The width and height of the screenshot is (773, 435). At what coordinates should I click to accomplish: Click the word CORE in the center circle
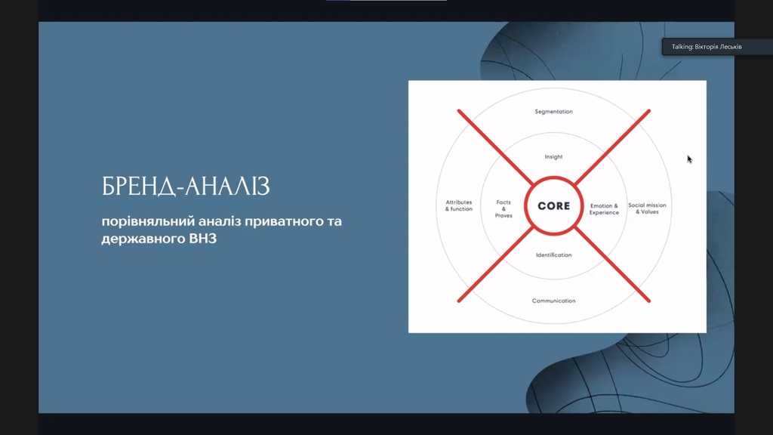click(x=553, y=205)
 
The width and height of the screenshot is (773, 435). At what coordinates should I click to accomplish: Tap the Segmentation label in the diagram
click(x=553, y=112)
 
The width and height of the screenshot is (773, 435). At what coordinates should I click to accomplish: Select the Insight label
click(x=553, y=157)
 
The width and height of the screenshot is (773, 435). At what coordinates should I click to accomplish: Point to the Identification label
click(x=553, y=255)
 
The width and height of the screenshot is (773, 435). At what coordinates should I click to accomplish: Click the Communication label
click(x=553, y=301)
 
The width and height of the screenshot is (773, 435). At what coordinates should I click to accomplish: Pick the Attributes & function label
click(x=459, y=205)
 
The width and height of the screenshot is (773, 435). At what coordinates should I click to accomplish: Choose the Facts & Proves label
click(x=504, y=208)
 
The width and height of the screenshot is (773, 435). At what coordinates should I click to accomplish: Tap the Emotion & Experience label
click(x=604, y=209)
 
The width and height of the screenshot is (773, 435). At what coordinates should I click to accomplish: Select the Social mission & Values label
click(x=647, y=208)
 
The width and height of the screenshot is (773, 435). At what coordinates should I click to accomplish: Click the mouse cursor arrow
click(x=689, y=159)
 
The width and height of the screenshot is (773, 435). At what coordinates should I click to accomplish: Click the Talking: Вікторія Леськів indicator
click(x=707, y=47)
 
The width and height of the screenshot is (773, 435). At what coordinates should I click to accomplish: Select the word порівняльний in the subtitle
click(x=148, y=221)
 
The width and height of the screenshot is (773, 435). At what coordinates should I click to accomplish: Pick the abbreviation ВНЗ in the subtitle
click(x=202, y=239)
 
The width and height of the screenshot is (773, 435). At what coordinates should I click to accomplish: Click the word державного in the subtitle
click(x=143, y=239)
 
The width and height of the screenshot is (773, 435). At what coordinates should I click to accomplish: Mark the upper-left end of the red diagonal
click(x=459, y=111)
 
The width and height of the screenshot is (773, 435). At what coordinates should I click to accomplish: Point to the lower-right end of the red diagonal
click(x=648, y=301)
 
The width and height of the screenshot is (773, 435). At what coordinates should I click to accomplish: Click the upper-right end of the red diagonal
click(x=648, y=111)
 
